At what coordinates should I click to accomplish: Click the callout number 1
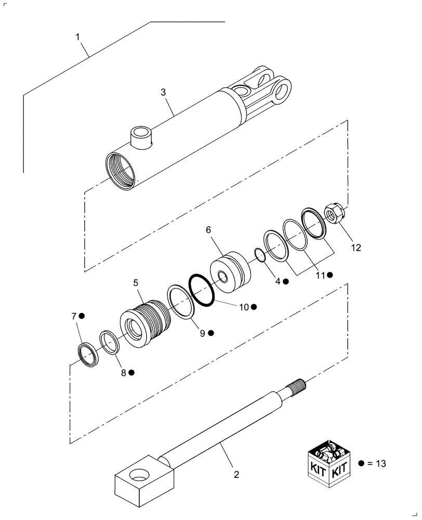click(x=77, y=37)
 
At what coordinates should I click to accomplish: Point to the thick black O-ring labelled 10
click(x=202, y=290)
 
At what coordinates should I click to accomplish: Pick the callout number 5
click(x=136, y=283)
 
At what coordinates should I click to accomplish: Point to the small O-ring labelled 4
click(x=259, y=255)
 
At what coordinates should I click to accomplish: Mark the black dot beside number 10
click(x=254, y=307)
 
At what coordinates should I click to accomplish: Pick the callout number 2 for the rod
click(x=236, y=474)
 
